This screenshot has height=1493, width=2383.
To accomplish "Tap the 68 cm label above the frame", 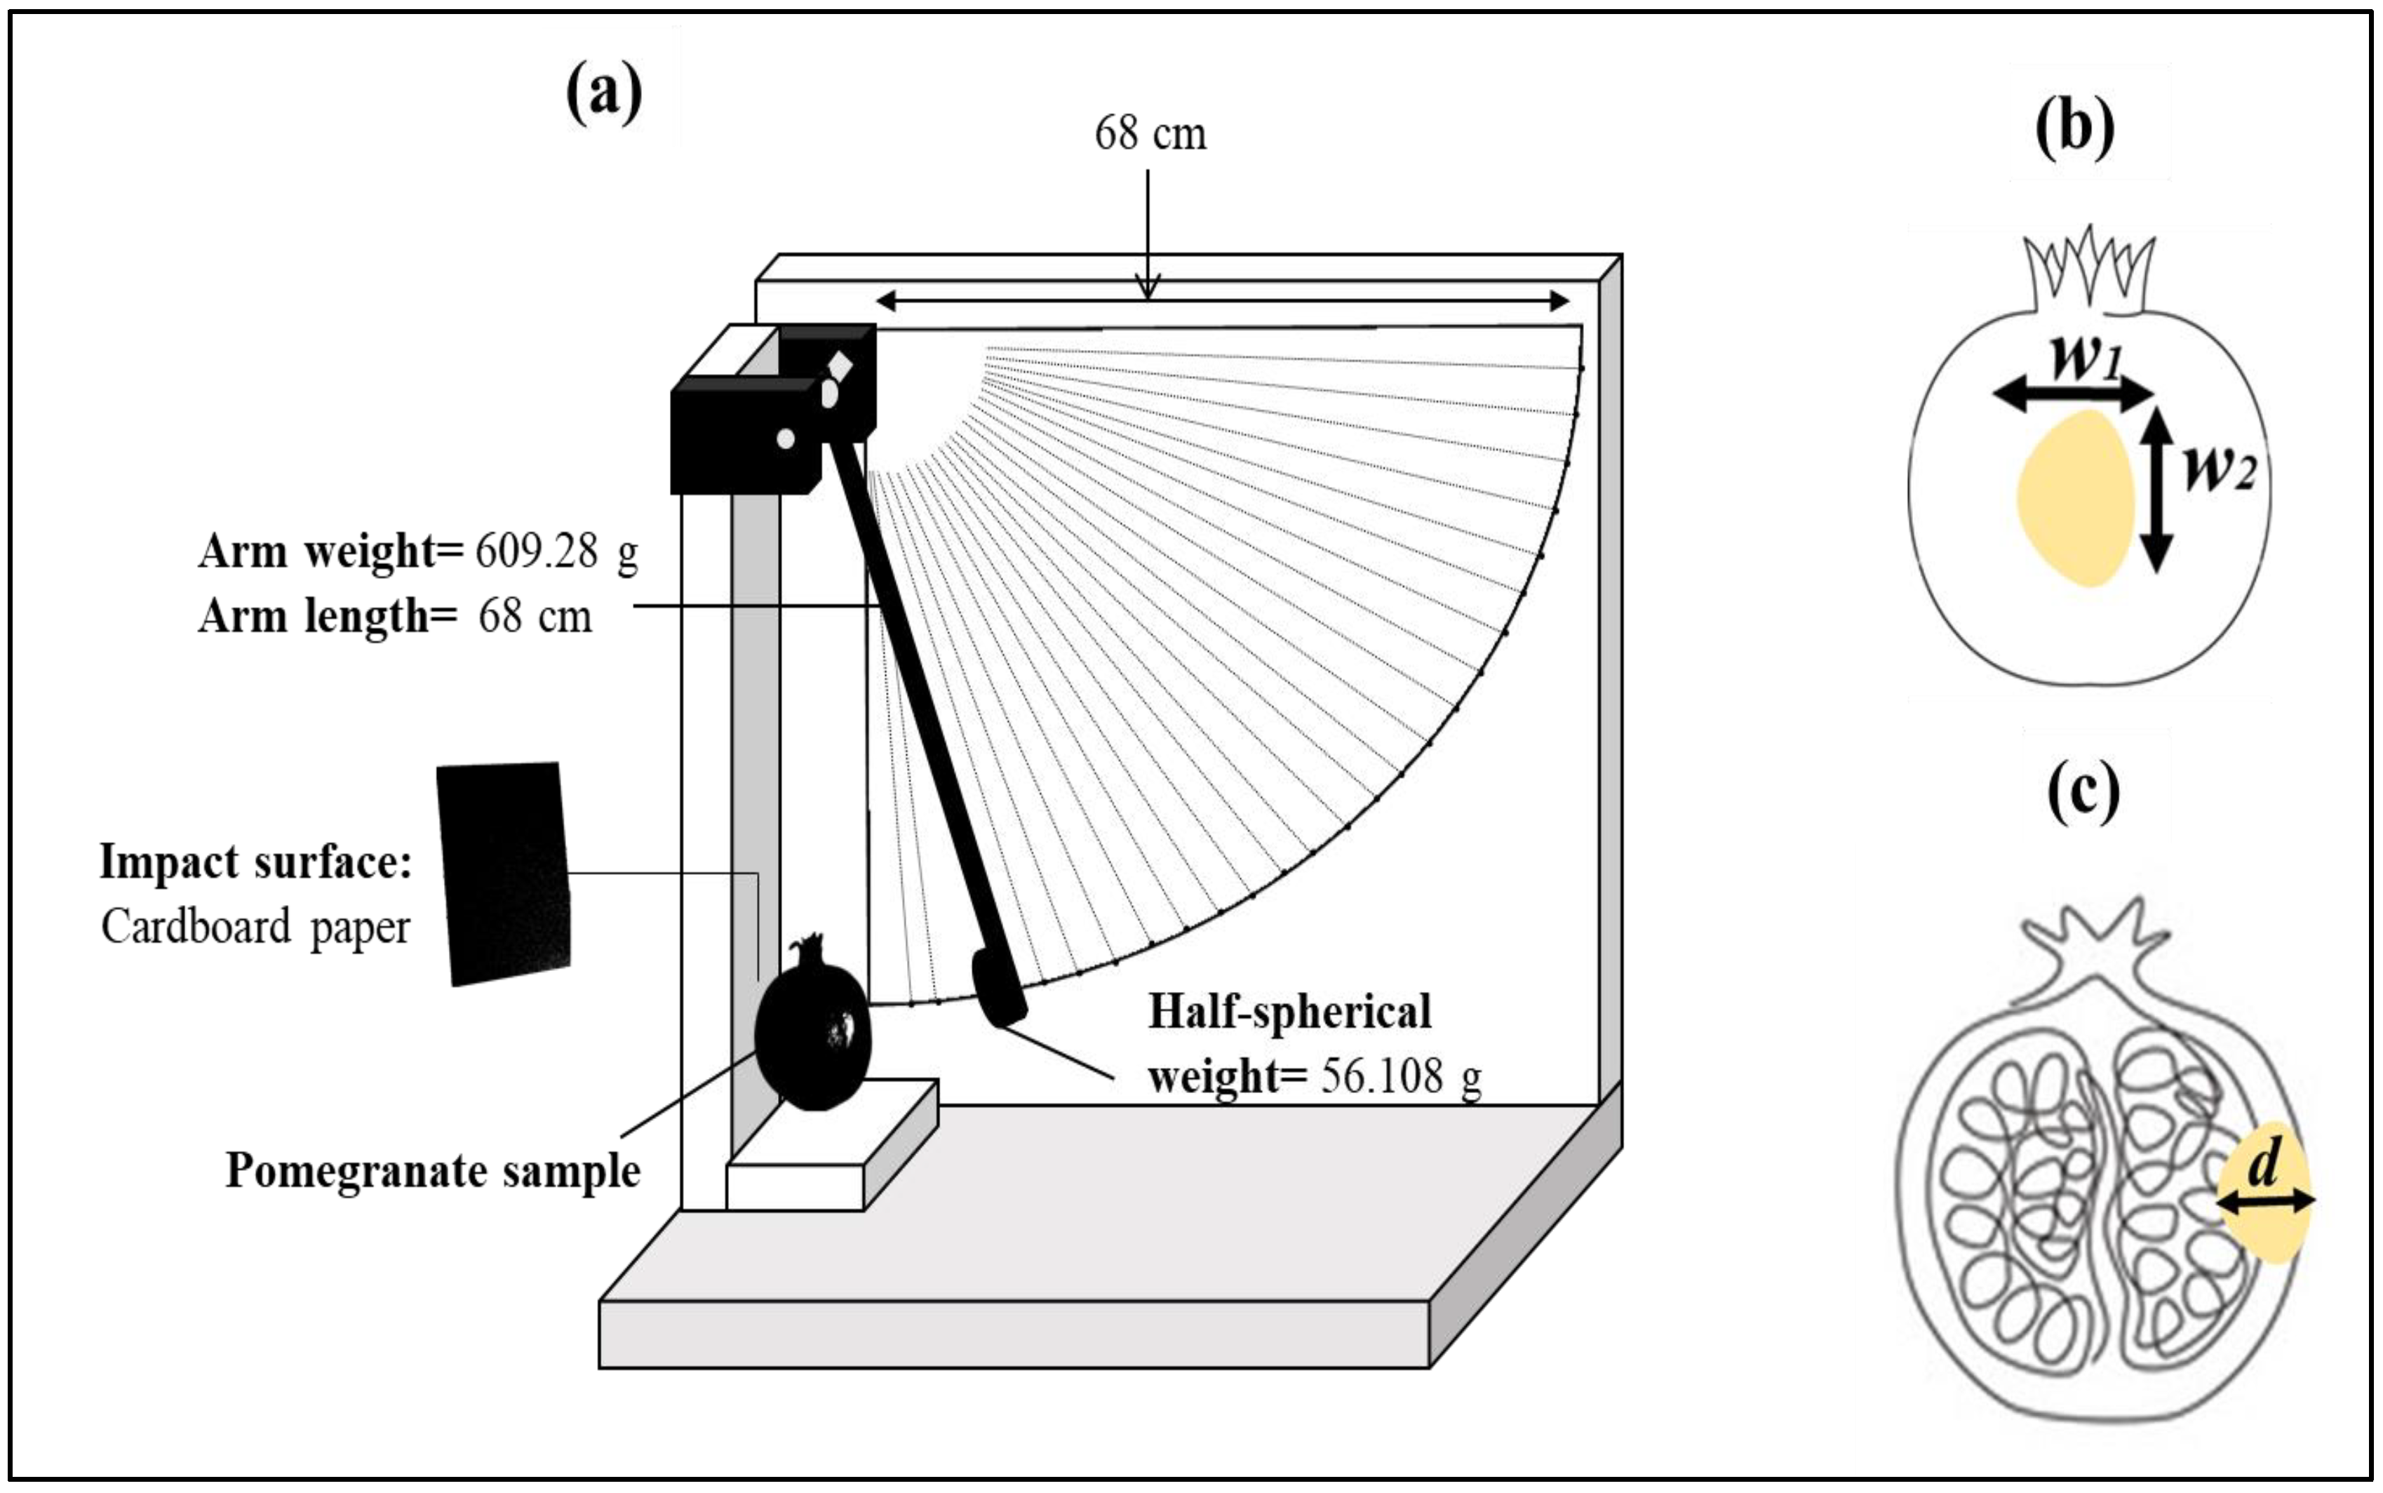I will coord(1150,134).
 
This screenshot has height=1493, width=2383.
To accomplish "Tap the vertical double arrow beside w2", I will coord(2158,490).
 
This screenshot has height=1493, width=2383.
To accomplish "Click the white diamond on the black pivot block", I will coord(840,366).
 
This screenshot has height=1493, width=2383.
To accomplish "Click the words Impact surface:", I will coord(255,863).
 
